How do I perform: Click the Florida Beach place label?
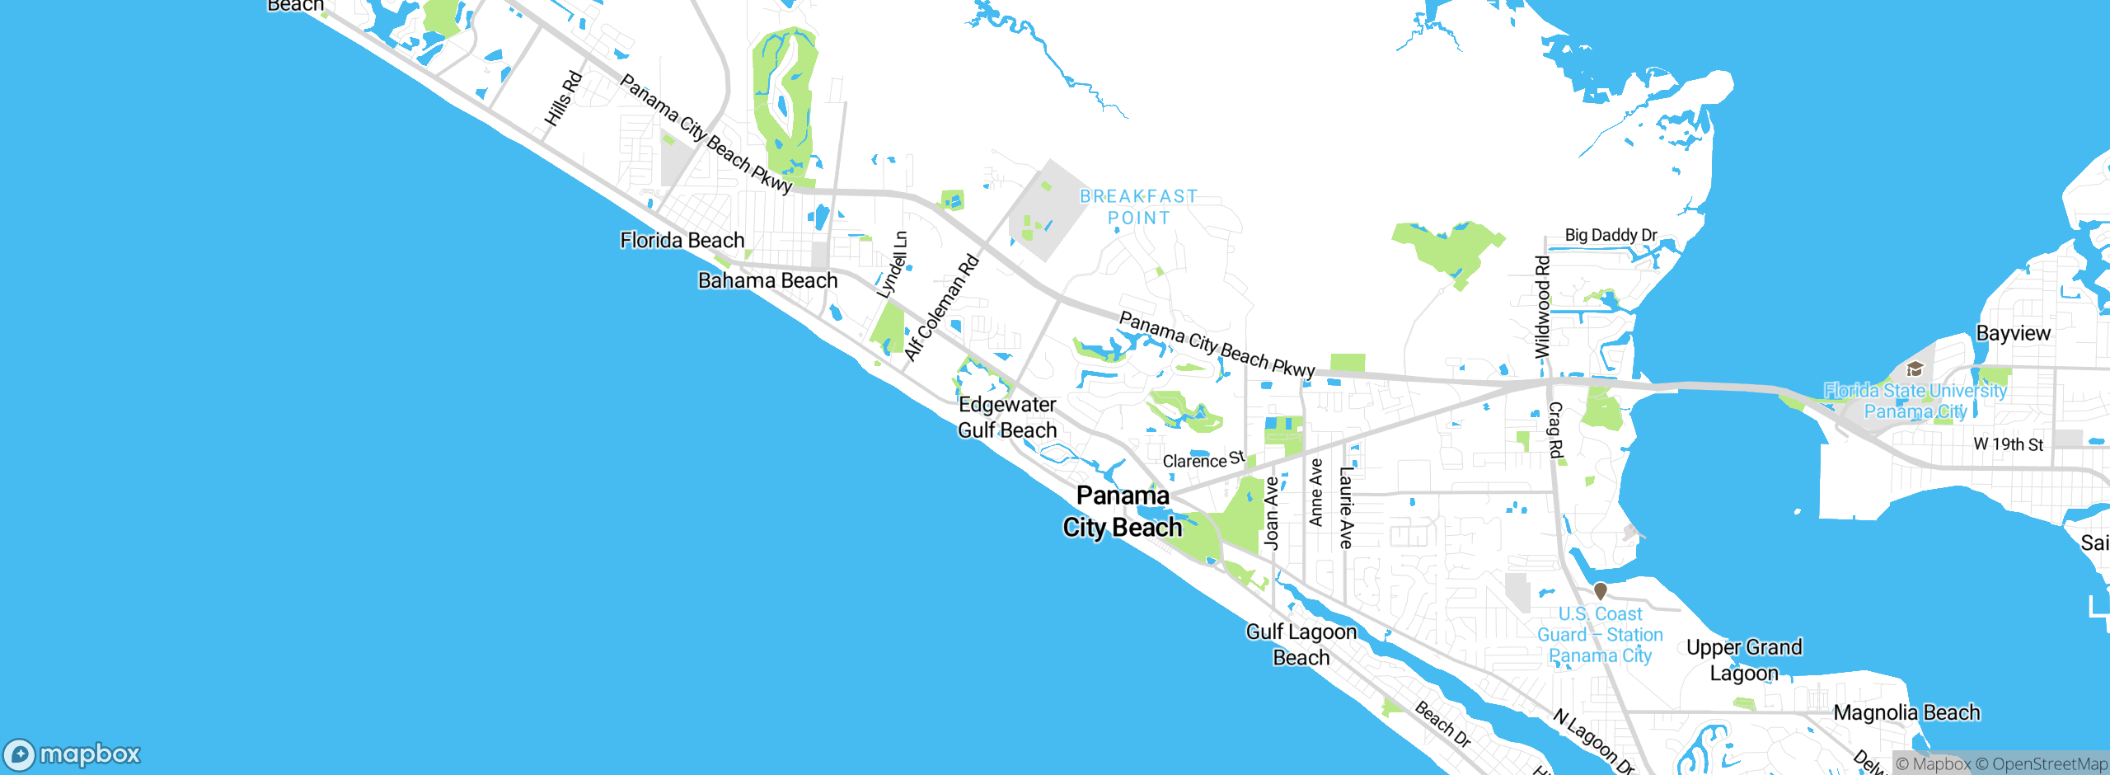pos(682,241)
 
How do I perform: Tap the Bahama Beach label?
pos(767,281)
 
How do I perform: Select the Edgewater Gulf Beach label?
pos(1007,417)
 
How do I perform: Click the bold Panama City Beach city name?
pos(1123,511)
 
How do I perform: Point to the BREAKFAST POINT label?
pos(1138,207)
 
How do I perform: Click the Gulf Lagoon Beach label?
pos(1301,645)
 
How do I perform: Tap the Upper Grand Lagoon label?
pos(1744,660)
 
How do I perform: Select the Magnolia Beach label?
pos(1906,713)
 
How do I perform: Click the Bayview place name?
pos(2013,334)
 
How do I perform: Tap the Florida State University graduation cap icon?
pos(1915,369)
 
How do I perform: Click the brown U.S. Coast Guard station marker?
pos(1601,591)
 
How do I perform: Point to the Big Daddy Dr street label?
pos(1611,235)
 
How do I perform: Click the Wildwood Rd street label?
pos(1542,307)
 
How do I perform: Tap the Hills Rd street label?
pos(564,99)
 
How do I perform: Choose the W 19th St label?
pos(2008,444)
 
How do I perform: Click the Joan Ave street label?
pos(1272,513)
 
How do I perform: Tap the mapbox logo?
pos(73,754)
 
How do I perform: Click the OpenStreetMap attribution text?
pos(2041,764)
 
